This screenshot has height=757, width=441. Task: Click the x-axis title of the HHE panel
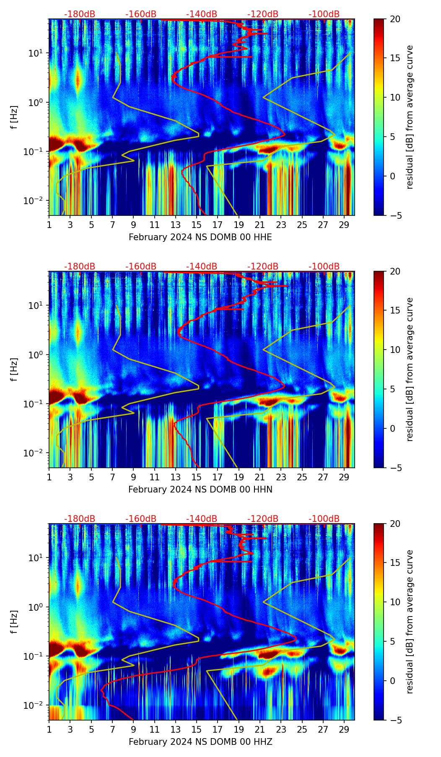tap(200, 237)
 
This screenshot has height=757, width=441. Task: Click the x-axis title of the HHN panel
tap(200, 490)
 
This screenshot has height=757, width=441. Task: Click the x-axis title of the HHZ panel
tap(200, 742)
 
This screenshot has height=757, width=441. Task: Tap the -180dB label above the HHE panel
tap(80, 14)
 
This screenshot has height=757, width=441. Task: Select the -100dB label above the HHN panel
tap(324, 267)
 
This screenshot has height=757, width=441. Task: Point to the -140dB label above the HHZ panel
tap(202, 519)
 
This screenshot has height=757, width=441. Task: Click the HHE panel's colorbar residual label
tap(410, 117)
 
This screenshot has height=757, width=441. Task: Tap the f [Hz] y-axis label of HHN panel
tap(14, 369)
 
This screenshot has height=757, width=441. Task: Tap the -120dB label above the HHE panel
tap(263, 14)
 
